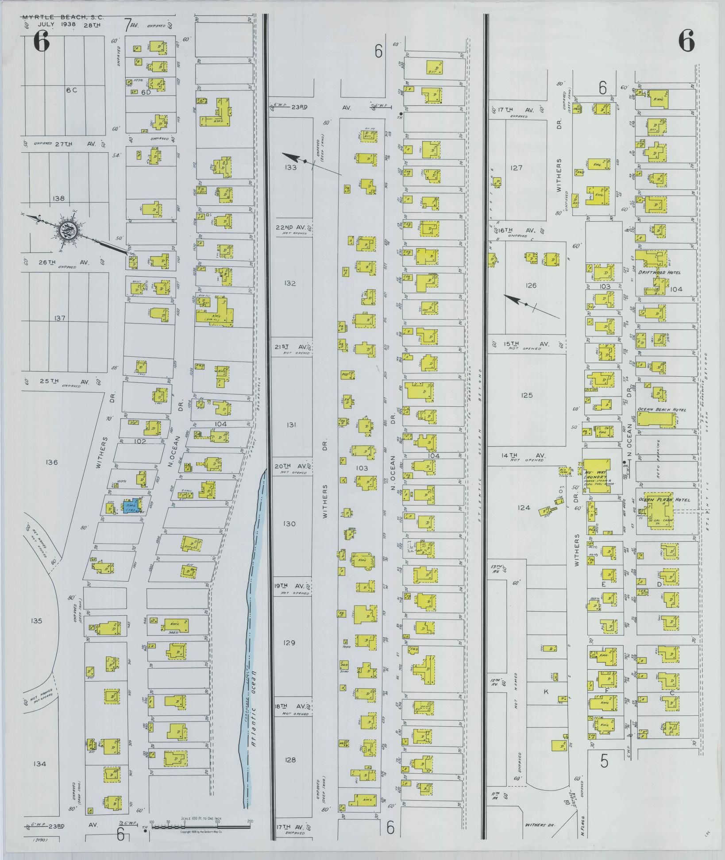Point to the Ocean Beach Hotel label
tap(661, 410)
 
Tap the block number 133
tap(290, 167)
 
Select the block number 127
tap(516, 168)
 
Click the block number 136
tap(51, 463)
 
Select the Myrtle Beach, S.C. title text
tap(63, 18)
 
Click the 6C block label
tap(71, 90)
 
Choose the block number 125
tap(527, 395)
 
